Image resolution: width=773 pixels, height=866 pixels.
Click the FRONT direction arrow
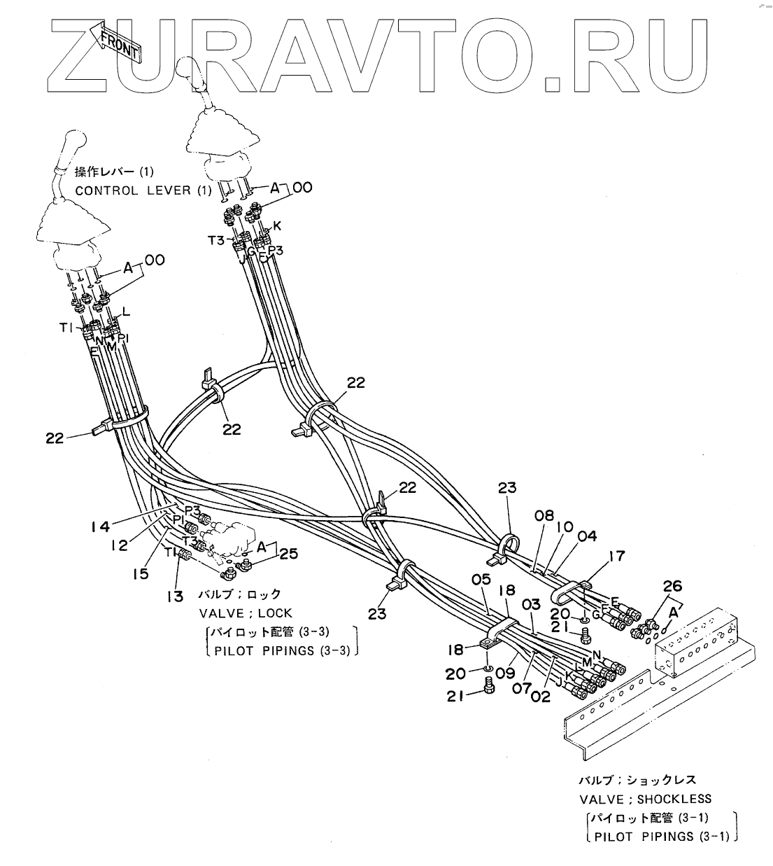119,46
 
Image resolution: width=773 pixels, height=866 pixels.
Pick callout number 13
174,596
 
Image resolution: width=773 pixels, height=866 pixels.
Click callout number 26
672,586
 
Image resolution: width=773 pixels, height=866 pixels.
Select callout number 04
587,536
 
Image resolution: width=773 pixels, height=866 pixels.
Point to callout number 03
531,604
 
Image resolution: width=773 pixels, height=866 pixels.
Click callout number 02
541,696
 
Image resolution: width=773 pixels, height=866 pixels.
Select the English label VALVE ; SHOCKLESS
645,799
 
